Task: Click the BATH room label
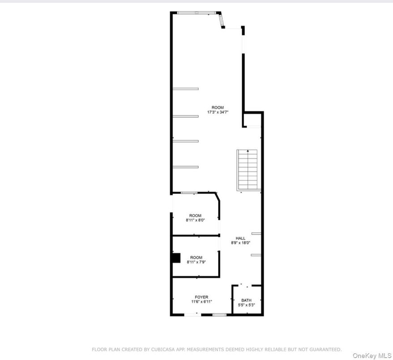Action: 246,300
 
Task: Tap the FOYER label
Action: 201,297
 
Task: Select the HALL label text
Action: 240,238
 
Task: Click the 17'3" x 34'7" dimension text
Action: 218,112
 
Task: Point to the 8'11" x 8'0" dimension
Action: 195,220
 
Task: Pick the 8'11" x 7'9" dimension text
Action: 196,262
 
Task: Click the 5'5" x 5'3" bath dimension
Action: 246,305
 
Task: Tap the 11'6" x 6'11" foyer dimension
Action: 201,302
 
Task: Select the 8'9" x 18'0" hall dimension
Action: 241,243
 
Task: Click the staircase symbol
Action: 248,170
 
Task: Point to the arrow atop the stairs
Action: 248,151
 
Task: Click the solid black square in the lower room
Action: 176,258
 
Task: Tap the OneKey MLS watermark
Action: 372,356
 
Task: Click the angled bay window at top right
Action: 221,20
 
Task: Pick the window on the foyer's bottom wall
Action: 219,315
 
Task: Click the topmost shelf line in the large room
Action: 185,89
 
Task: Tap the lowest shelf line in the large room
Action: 185,167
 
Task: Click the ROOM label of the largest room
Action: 218,107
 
